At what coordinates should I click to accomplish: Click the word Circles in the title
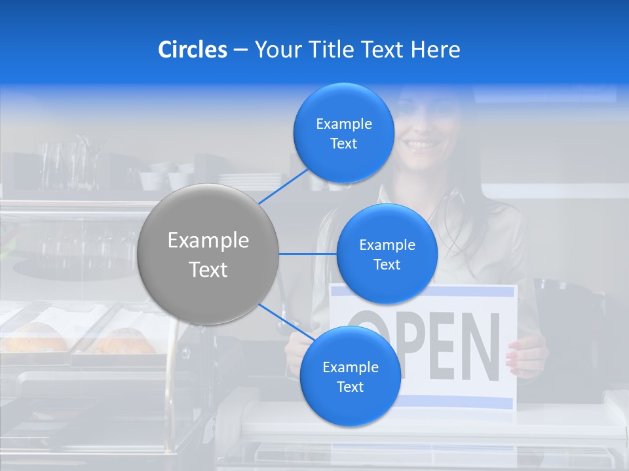point(193,50)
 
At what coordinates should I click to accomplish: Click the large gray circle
point(208,254)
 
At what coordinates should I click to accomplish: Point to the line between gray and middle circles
point(308,254)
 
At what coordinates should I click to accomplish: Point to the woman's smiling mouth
point(423,144)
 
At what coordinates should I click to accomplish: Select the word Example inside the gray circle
point(208,241)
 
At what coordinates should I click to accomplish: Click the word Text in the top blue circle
point(344,144)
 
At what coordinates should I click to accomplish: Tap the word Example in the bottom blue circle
point(350,367)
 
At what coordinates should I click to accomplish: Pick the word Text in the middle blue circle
point(387,264)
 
